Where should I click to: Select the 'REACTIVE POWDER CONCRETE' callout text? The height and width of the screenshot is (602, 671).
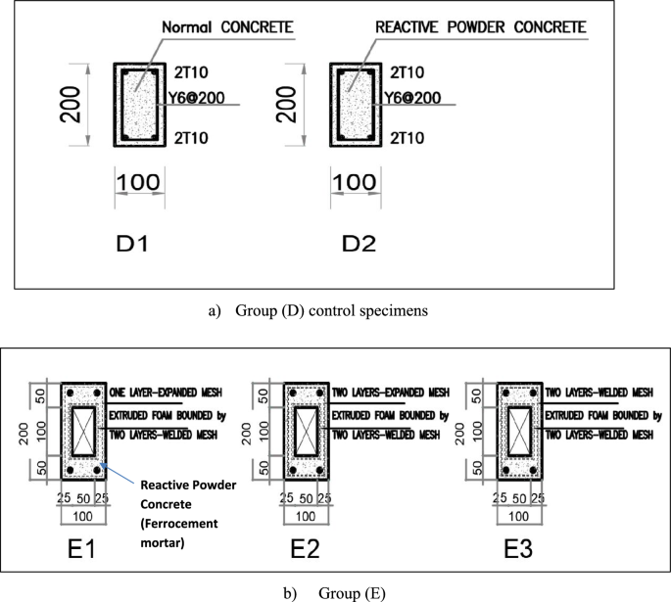coord(480,28)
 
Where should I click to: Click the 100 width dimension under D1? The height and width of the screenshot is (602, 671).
coord(137,182)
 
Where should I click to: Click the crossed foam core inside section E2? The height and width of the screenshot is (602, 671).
coord(306,431)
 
